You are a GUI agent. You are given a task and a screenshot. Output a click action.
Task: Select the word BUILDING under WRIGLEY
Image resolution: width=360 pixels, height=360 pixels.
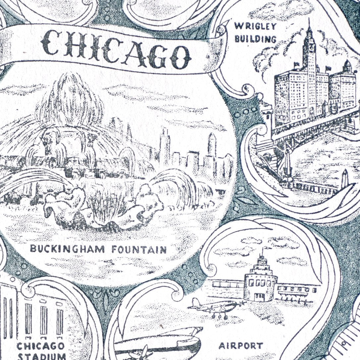pyautogui.click(x=255, y=39)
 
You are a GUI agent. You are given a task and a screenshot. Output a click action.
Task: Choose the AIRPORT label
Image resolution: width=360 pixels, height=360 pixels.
pyautogui.click(x=241, y=346)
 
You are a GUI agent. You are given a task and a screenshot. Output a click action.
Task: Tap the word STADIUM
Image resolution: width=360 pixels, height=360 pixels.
pyautogui.click(x=41, y=357)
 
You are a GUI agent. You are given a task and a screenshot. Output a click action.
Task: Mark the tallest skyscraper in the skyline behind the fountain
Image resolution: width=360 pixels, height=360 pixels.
pyautogui.click(x=164, y=146)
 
